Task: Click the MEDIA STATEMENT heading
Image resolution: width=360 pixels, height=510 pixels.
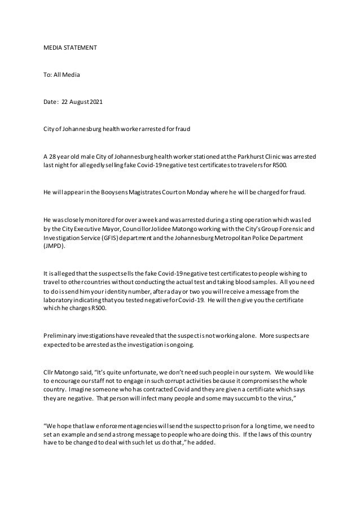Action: tap(70, 49)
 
